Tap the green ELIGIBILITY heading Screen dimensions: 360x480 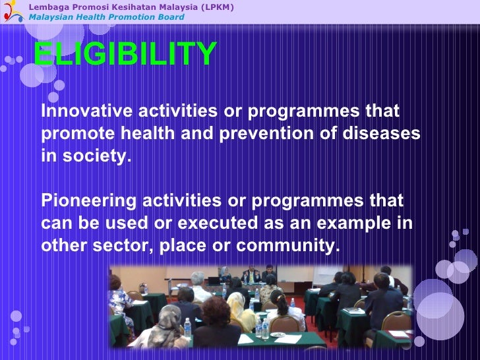(x=125, y=54)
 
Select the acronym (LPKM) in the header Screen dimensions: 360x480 (x=217, y=7)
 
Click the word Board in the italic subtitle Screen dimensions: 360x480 (x=171, y=16)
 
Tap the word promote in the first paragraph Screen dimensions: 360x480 (x=76, y=133)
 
